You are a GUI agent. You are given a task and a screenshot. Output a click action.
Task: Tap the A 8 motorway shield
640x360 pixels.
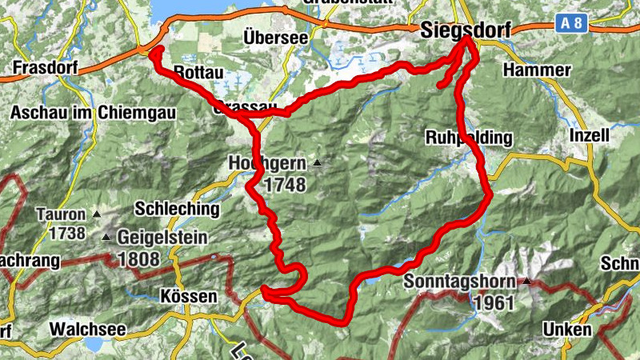click(572, 24)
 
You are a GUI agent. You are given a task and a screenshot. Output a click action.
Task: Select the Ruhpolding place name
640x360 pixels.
click(469, 138)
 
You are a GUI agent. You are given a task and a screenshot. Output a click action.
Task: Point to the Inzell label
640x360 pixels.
click(588, 135)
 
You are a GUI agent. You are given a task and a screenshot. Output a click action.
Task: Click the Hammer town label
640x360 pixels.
click(537, 70)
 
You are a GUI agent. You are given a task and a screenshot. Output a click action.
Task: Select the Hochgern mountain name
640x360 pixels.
click(267, 163)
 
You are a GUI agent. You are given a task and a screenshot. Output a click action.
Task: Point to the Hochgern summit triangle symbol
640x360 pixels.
click(318, 163)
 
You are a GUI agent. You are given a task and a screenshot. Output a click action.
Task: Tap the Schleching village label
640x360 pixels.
click(177, 210)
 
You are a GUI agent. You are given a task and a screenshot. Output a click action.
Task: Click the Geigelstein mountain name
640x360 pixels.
click(162, 238)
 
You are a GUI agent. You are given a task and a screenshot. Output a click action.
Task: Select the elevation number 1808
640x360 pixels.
click(138, 259)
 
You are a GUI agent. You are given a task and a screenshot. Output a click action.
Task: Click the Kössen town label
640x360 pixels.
click(188, 297)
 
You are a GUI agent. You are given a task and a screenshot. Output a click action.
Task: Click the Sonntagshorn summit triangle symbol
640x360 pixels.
click(526, 282)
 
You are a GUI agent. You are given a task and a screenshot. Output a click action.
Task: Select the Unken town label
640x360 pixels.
click(566, 329)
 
